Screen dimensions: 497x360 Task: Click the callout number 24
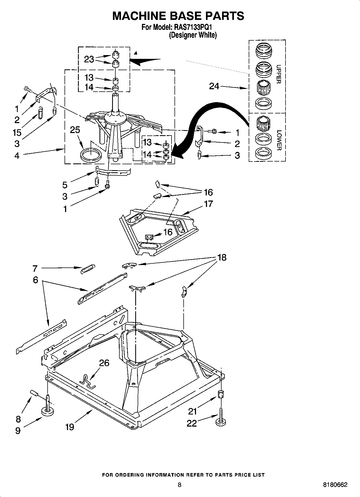[214, 86]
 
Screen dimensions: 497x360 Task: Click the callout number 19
[70, 427]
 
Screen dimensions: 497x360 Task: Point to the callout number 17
[208, 204]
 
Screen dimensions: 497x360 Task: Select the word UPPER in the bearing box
[279, 74]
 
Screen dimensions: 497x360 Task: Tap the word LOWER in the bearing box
[279, 140]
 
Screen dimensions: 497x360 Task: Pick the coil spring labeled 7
[88, 269]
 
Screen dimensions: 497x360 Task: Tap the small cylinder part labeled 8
[34, 393]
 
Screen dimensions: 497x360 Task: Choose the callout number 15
[17, 133]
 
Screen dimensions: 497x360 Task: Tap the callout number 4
[17, 155]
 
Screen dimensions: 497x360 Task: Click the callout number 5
[65, 185]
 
